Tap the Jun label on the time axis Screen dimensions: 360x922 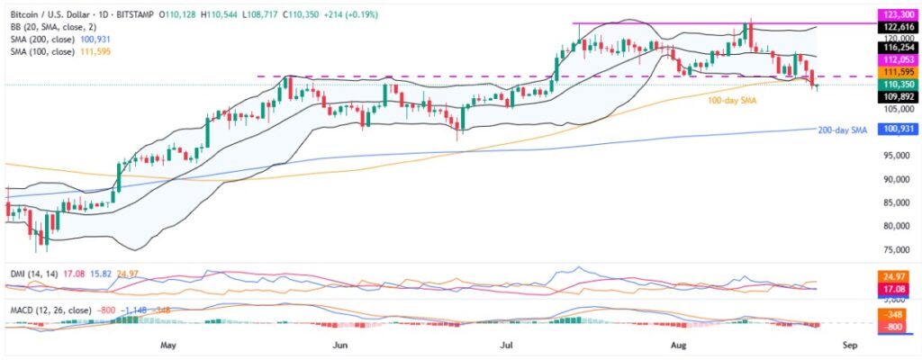(339, 344)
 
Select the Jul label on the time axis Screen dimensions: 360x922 (507, 344)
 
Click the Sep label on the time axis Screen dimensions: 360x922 (851, 344)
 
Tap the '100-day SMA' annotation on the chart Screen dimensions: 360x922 (732, 101)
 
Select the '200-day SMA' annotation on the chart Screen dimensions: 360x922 (842, 130)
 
